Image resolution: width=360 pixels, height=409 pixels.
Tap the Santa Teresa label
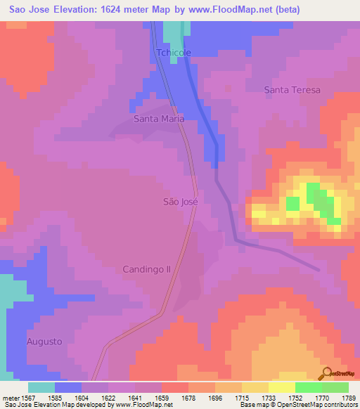(x=292, y=90)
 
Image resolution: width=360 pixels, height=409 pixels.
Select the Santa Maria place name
(x=159, y=119)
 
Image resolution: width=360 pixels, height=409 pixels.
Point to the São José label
(x=181, y=202)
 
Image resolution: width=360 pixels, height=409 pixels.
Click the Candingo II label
(x=147, y=269)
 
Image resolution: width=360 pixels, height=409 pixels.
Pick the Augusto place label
(x=44, y=342)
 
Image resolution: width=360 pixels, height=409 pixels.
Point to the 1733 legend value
(x=268, y=398)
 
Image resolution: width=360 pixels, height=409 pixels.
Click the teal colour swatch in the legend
(x=41, y=387)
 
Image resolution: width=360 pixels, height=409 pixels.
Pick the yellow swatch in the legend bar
(x=281, y=387)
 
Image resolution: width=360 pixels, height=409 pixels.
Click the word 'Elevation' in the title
(x=75, y=10)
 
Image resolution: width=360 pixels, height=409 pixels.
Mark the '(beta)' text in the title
(x=287, y=10)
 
